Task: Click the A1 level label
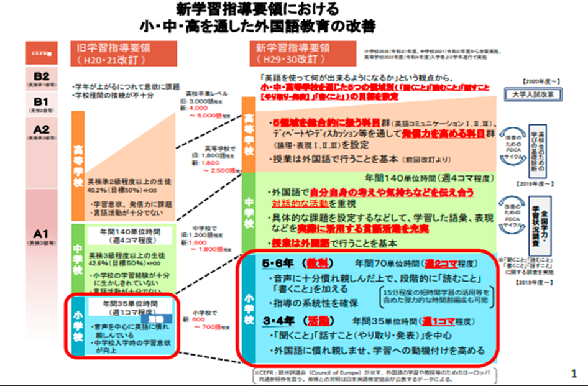click(42, 234)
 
